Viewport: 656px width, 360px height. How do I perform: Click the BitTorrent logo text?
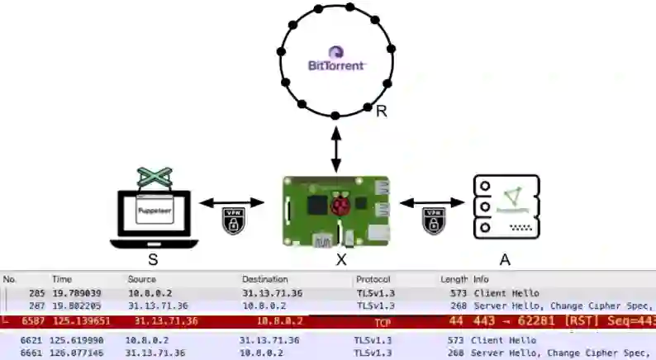(335, 64)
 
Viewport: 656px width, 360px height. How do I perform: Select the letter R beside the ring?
(381, 111)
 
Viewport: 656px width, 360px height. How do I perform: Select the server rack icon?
(506, 207)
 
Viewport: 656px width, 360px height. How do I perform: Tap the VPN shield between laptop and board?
(234, 221)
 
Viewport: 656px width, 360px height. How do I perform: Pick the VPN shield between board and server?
(433, 221)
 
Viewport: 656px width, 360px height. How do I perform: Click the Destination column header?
(264, 280)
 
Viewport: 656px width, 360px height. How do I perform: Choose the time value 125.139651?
(78, 321)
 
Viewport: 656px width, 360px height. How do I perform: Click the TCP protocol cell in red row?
(383, 323)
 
